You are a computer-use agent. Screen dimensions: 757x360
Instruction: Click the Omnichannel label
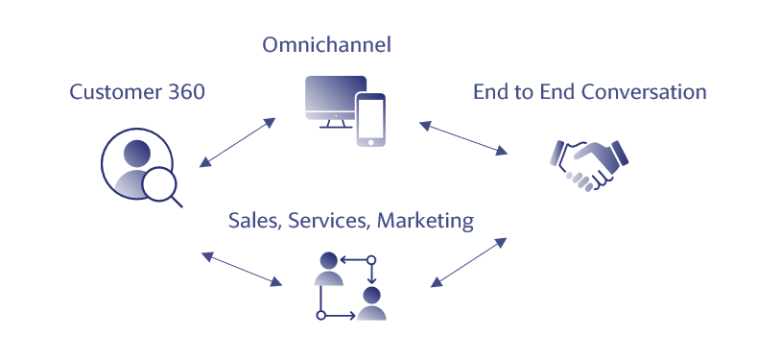tap(326, 45)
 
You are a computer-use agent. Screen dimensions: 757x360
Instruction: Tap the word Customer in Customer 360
tap(115, 91)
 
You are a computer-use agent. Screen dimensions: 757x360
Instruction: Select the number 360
tap(186, 91)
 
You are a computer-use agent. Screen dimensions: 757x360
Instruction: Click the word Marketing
tap(425, 222)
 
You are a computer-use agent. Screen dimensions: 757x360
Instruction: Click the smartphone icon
tap(370, 119)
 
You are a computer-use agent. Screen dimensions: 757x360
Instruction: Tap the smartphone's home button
tap(370, 142)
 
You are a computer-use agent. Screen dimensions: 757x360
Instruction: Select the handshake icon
tap(589, 165)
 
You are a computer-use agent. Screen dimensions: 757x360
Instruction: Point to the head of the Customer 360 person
tap(137, 154)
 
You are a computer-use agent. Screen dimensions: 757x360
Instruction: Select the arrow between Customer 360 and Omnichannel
tap(238, 142)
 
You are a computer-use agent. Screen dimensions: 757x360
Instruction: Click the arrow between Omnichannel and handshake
tap(463, 138)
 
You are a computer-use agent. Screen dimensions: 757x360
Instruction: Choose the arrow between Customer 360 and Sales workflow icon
tap(242, 269)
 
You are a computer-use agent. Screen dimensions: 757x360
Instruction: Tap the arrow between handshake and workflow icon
tap(468, 262)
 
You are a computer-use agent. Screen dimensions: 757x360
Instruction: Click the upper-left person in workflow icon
tap(329, 269)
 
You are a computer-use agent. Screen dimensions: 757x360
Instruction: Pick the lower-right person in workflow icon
tap(371, 303)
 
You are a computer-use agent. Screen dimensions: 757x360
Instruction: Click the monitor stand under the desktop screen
tap(336, 124)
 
